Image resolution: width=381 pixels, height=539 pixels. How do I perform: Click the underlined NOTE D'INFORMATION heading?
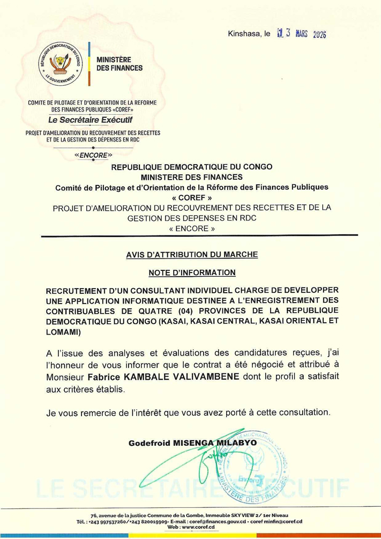(191, 272)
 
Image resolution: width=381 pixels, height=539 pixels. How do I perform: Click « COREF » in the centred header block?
(191, 196)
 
